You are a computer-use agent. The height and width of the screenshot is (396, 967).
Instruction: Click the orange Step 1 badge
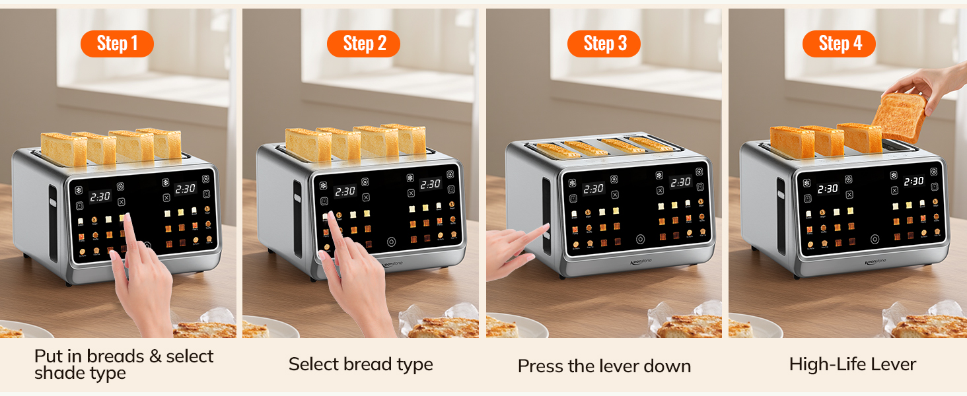(x=117, y=44)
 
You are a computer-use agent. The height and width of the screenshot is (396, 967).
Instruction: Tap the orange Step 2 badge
(x=363, y=44)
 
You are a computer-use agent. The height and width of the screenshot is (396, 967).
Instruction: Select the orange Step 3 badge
(x=604, y=44)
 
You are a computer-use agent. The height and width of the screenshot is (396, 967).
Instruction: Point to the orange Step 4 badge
(x=839, y=44)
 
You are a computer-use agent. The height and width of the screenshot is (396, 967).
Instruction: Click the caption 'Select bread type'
(x=361, y=364)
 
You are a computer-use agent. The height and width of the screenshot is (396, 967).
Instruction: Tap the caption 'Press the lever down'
(x=604, y=366)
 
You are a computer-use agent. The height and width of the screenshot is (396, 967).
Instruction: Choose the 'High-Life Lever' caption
(x=852, y=364)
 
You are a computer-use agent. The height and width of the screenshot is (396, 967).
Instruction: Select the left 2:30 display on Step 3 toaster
(x=593, y=189)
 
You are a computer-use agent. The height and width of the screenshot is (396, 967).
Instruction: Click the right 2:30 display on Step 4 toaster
(x=913, y=181)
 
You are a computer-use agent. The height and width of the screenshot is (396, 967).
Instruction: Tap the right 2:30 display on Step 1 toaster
(x=185, y=189)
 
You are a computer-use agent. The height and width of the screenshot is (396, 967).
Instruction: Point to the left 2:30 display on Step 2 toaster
(x=345, y=191)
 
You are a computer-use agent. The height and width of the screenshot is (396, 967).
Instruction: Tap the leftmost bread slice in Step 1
(x=63, y=149)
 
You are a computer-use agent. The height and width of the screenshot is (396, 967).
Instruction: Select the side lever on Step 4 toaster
(x=781, y=214)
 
